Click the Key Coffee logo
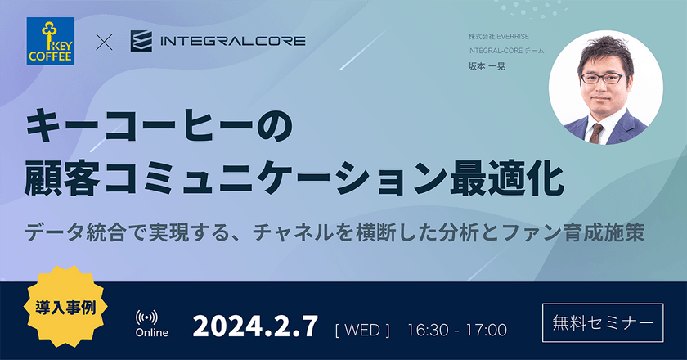tap(51, 41)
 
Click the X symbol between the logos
tap(104, 41)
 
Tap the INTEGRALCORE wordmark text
tap(234, 40)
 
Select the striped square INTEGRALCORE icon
tap(141, 40)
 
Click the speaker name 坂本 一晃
tap(486, 66)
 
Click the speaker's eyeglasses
tap(603, 79)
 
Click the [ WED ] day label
tap(362, 330)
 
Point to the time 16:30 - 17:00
tap(456, 330)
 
